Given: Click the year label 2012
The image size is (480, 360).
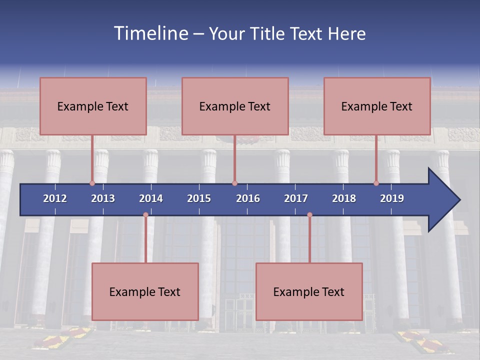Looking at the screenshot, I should pyautogui.click(x=55, y=198).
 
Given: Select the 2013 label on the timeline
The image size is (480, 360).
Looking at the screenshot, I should pyautogui.click(x=103, y=198).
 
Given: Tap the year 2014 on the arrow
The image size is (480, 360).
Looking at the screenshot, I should pyautogui.click(x=151, y=198).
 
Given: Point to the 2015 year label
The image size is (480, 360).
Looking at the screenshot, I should pyautogui.click(x=199, y=198).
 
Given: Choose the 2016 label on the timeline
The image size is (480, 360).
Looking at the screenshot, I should pyautogui.click(x=248, y=198).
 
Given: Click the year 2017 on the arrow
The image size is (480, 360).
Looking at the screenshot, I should pyautogui.click(x=296, y=198).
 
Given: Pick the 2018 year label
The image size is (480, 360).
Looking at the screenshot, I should pyautogui.click(x=344, y=198).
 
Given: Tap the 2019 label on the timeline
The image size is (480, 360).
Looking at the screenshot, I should pyautogui.click(x=392, y=198).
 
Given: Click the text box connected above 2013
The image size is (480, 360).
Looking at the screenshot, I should pyautogui.click(x=93, y=106).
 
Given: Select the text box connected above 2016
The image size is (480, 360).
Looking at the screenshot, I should pyautogui.click(x=235, y=106).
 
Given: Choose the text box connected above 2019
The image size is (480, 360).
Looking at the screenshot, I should pyautogui.click(x=377, y=106).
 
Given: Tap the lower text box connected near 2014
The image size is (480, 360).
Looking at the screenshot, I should pyautogui.click(x=145, y=291).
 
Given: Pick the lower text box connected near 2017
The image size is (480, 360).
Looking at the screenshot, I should pyautogui.click(x=309, y=291).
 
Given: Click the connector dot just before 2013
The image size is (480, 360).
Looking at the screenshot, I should pyautogui.click(x=92, y=183).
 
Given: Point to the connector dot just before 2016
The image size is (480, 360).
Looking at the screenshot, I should pyautogui.click(x=234, y=183).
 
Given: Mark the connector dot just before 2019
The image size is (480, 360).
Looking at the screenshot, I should pyautogui.click(x=376, y=183).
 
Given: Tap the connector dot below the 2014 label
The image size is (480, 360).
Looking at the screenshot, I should pyautogui.click(x=145, y=215).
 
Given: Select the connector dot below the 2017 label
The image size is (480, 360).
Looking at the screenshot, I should pyautogui.click(x=309, y=215).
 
